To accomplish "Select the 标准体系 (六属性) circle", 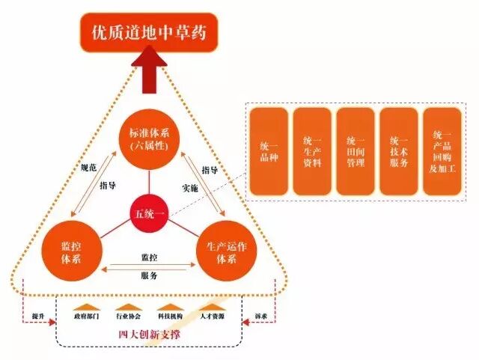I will click(x=149, y=140).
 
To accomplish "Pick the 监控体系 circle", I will click(x=71, y=251).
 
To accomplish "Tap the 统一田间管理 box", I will click(x=356, y=152).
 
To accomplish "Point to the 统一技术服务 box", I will click(x=399, y=152).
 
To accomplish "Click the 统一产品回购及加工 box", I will click(x=442, y=152).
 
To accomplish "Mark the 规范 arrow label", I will click(x=89, y=168).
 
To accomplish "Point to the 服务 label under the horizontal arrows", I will click(x=149, y=275).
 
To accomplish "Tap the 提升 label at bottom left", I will click(x=38, y=315).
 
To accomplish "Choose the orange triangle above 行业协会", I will click(x=128, y=308).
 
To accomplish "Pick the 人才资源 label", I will click(x=212, y=318).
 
